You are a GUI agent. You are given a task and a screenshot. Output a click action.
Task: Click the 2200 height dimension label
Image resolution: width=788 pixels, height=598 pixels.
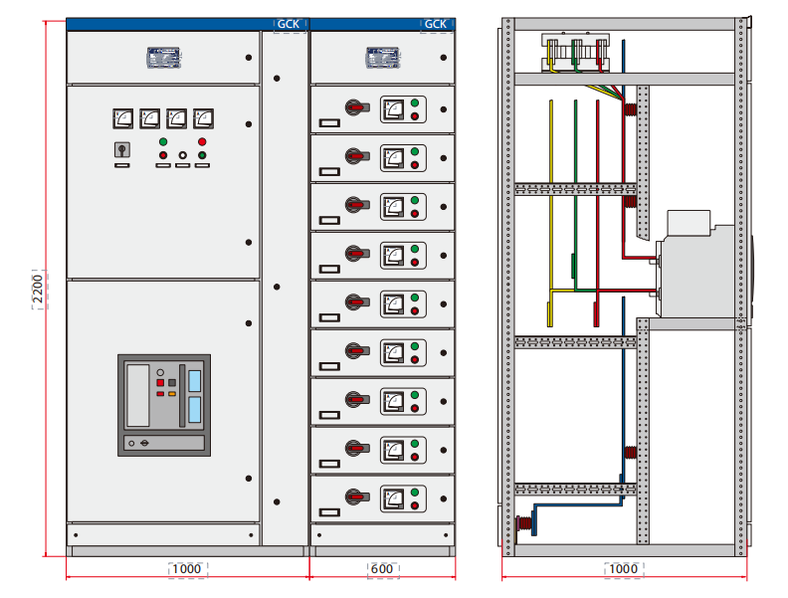(39, 290)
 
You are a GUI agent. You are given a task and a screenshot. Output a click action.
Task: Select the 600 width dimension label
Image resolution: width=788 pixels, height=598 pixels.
(383, 569)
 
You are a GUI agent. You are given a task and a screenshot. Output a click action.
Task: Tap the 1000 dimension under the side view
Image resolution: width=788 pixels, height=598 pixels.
(624, 569)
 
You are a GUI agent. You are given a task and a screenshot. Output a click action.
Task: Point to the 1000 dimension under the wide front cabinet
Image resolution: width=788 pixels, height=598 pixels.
(186, 569)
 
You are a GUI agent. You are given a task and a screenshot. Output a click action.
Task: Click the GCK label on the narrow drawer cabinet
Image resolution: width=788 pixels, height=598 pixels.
(436, 25)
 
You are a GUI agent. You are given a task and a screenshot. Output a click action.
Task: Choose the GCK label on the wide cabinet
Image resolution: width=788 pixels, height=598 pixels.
(289, 25)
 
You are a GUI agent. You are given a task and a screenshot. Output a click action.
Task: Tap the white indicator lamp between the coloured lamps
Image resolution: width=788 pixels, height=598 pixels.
(182, 155)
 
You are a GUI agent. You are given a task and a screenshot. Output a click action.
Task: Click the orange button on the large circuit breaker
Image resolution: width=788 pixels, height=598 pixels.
(172, 394)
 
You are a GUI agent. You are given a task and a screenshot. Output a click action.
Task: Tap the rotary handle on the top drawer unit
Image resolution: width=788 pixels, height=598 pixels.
(354, 107)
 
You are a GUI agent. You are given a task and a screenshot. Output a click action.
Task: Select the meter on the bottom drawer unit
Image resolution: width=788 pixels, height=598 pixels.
(394, 498)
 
